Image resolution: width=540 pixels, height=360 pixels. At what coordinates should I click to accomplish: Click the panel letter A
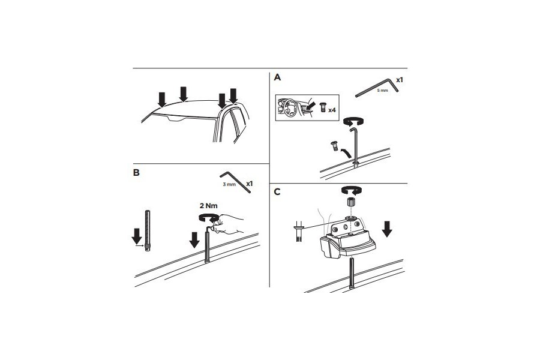coord(277,77)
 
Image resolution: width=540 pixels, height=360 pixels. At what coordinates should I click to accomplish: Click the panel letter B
coord(136,173)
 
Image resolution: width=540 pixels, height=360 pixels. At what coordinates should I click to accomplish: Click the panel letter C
coord(277,192)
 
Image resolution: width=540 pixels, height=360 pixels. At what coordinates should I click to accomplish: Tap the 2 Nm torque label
coord(209,206)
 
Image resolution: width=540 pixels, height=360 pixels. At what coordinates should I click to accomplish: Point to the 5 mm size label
coord(382,90)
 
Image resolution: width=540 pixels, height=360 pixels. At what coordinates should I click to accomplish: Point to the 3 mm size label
coord(229,184)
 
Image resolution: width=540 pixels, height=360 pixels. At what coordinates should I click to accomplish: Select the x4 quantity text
coord(332,110)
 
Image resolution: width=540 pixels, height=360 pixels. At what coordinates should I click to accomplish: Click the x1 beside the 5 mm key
coord(400,80)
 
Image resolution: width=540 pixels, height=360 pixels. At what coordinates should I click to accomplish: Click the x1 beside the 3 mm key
coord(250,184)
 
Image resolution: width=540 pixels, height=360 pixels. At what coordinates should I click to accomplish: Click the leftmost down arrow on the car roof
coord(161,100)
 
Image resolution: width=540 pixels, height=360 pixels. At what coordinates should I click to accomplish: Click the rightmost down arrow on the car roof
coord(233,96)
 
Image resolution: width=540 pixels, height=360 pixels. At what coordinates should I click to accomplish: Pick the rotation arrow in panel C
coord(351,190)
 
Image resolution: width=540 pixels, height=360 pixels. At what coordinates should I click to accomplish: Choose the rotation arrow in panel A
coord(353,121)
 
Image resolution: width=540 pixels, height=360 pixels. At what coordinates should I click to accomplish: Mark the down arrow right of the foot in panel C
coord(387,229)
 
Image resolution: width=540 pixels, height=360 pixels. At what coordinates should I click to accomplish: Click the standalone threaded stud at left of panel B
coord(148,231)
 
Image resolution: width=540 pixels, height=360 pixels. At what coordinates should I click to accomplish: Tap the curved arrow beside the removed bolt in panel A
coord(346,152)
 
